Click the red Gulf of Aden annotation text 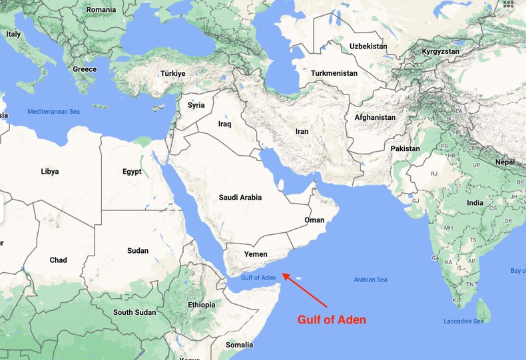tap(331, 319)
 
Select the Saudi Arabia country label tap(240, 198)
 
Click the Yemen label tap(256, 254)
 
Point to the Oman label tap(314, 220)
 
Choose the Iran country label tap(302, 132)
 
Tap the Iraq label tap(224, 124)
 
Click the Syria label tap(196, 105)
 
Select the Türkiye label tap(172, 73)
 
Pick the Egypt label tap(132, 171)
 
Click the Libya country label tap(49, 171)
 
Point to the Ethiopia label tap(202, 305)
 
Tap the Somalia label tap(239, 345)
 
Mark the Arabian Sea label tap(371, 279)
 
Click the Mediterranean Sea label tap(53, 111)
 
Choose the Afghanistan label tap(375, 117)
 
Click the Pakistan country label tap(405, 148)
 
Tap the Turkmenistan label tap(334, 73)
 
